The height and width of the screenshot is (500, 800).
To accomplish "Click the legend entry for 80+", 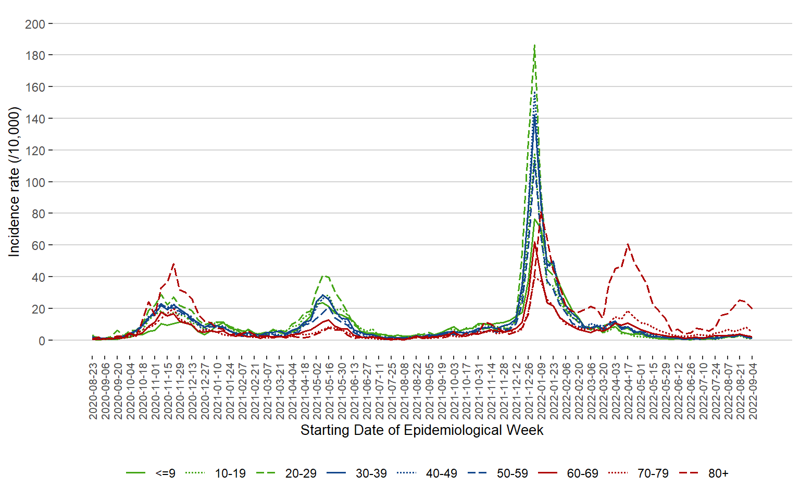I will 718,473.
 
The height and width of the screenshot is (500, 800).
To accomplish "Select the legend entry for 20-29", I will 301,473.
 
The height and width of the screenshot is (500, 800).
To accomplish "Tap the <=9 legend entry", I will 165,473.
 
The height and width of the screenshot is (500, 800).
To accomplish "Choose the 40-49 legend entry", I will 441,473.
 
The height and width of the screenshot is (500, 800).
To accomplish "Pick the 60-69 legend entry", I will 582,473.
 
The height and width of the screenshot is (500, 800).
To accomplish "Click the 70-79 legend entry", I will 653,473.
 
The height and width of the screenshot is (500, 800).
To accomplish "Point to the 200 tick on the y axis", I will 35,24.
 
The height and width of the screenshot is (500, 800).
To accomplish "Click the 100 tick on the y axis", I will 35,182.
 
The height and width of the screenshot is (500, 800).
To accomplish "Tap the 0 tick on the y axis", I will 42,341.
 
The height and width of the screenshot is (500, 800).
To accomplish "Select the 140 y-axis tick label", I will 35,119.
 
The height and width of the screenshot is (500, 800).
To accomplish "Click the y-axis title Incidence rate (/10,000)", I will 14,182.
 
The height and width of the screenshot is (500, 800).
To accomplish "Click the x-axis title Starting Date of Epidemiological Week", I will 422,430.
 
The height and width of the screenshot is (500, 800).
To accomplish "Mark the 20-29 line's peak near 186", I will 534,46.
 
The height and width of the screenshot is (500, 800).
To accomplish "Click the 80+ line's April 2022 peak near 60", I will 628,244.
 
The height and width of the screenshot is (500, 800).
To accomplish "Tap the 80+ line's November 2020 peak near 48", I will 173,264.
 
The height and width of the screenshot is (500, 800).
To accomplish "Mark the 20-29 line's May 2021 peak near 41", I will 324,276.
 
